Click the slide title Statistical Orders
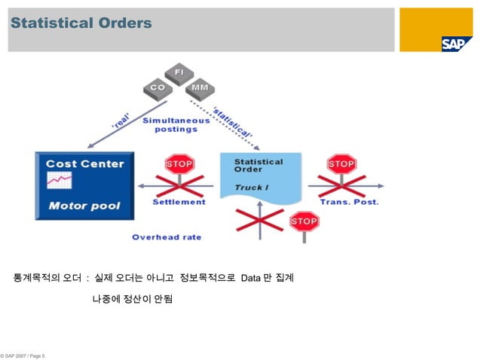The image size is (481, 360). [81, 24]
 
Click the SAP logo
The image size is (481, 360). [457, 43]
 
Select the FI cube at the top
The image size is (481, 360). [179, 73]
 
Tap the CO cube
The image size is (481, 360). [156, 87]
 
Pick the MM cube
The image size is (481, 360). [199, 87]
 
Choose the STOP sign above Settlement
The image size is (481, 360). [179, 163]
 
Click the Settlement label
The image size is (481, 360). [179, 202]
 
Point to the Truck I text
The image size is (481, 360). [250, 186]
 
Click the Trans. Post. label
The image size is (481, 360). [349, 202]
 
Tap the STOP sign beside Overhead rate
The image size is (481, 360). [303, 222]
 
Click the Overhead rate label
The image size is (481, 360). [167, 236]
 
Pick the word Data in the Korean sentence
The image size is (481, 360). [251, 279]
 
